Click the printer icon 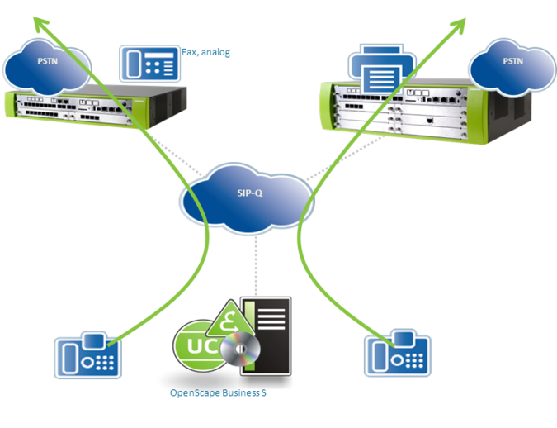[381, 73]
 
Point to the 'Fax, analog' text [205, 52]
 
